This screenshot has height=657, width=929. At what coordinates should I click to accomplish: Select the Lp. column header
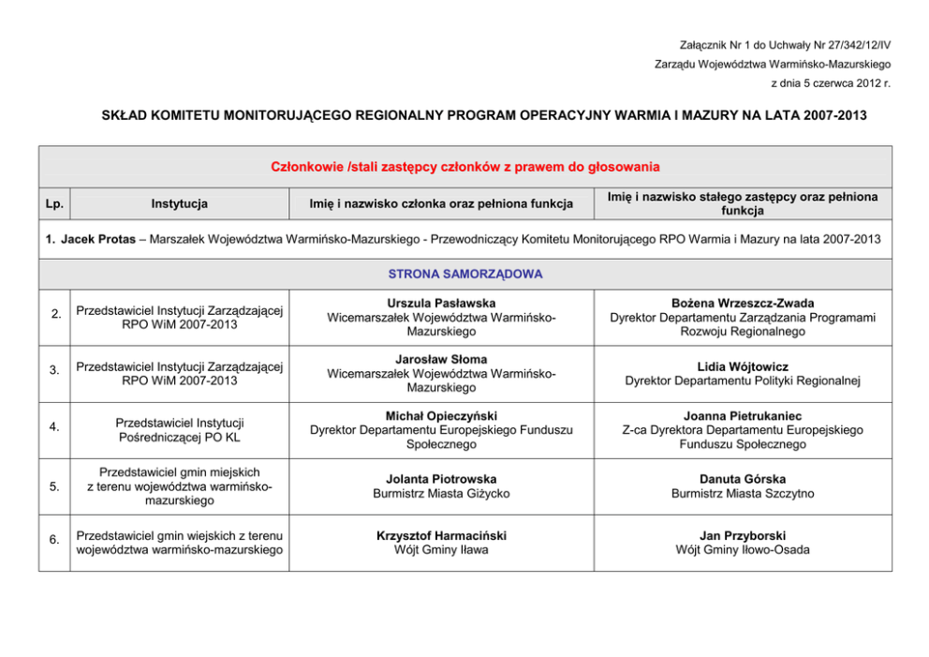pos(54,203)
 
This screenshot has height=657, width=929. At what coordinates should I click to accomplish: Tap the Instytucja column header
pos(180,203)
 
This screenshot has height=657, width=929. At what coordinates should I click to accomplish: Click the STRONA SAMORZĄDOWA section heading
pos(464,274)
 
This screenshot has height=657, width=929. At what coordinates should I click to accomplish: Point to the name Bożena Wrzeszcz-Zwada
pos(743,304)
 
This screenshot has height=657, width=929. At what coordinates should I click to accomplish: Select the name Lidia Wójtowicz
pos(743,366)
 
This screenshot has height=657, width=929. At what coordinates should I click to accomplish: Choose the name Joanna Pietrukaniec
pos(743,416)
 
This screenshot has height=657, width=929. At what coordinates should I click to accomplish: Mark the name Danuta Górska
pos(743,479)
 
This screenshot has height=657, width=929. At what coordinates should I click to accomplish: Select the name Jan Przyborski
pos(743,536)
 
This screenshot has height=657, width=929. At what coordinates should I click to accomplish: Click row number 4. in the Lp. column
pos(55,428)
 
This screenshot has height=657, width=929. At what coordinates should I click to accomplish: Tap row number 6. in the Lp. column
pos(55,539)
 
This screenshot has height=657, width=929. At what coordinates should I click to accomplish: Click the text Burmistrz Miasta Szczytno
pos(743,494)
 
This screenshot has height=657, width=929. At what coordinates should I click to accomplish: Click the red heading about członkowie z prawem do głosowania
pos(464,167)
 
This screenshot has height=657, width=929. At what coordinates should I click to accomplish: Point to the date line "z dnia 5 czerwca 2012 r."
pos(830,83)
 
